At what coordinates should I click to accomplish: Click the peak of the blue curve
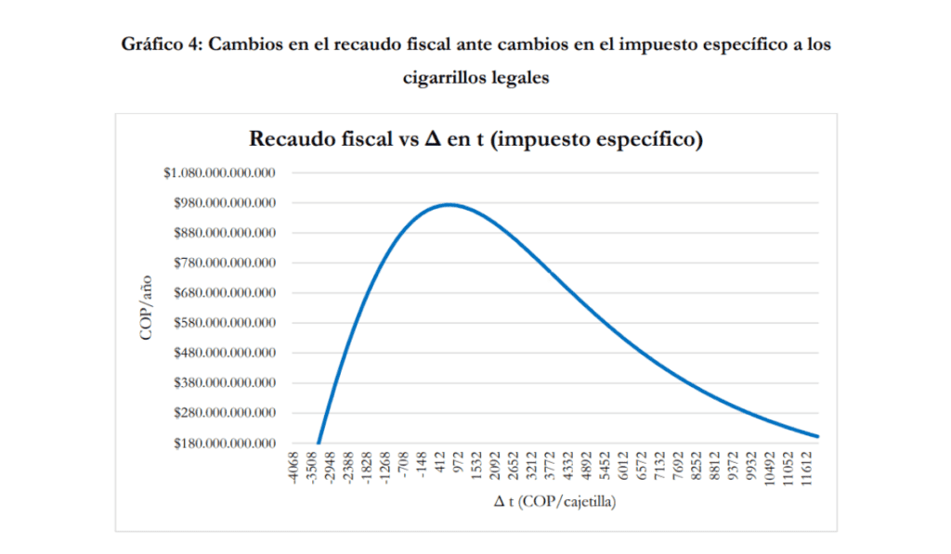pos(449,204)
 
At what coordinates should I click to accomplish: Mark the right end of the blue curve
pos(817,436)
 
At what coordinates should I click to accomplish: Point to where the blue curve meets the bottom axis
pos(319,443)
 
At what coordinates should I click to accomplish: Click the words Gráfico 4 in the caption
pos(162,45)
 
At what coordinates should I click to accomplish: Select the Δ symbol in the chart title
pos(433,141)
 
